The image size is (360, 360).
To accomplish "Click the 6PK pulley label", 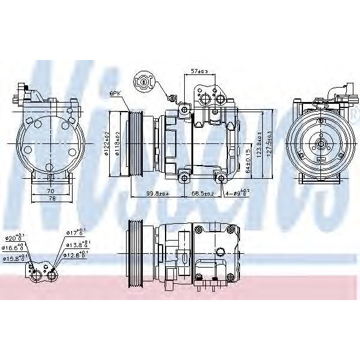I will pyautogui.click(x=116, y=93).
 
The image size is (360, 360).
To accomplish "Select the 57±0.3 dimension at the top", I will pyautogui.click(x=199, y=71).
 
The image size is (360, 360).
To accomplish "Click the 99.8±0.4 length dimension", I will pyautogui.click(x=141, y=194).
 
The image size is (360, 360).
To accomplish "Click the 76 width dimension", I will pyautogui.click(x=51, y=199).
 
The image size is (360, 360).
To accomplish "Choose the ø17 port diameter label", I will pyautogui.click(x=73, y=233).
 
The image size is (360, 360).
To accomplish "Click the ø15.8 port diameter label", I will pyautogui.click(x=13, y=259).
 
